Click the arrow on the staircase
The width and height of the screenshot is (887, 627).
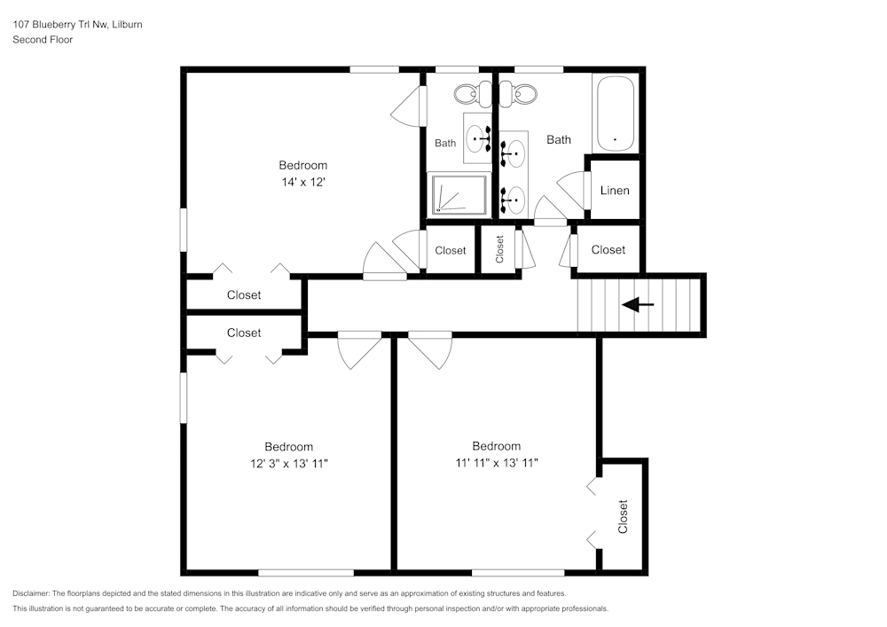(638, 305)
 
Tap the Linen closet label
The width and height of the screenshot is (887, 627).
(615, 191)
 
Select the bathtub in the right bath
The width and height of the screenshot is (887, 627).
(615, 114)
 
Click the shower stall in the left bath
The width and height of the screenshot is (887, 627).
(459, 194)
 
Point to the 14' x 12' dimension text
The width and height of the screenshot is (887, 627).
(302, 182)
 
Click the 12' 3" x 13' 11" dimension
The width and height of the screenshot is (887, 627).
(288, 463)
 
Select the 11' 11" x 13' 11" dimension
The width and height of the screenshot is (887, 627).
(496, 462)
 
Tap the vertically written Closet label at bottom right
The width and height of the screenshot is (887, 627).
(623, 516)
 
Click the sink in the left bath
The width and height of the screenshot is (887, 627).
(478, 138)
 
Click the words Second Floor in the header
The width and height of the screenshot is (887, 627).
(43, 39)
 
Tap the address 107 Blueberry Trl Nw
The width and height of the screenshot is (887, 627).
(59, 25)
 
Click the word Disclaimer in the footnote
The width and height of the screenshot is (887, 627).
(32, 593)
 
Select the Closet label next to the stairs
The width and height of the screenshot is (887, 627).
(608, 250)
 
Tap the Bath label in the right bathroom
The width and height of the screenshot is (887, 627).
(559, 139)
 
